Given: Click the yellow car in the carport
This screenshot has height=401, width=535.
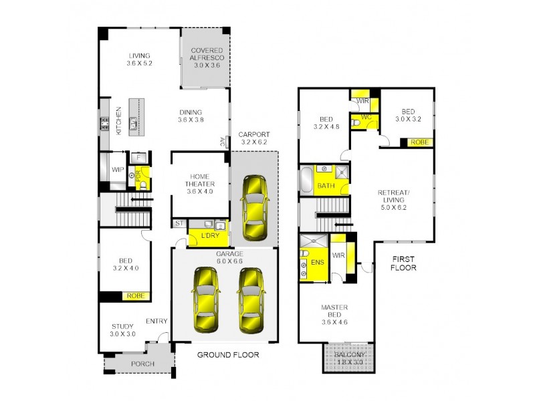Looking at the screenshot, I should [254, 207].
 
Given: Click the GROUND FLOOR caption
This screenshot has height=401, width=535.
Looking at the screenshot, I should [227, 355].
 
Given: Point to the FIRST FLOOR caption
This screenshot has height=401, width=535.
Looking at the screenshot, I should [403, 263].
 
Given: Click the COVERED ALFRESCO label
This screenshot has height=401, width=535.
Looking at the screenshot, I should [207, 53].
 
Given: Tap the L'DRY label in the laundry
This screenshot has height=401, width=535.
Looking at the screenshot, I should [202, 237].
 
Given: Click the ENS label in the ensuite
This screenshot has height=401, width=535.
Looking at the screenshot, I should [318, 263].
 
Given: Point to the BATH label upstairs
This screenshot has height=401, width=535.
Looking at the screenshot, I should [326, 186].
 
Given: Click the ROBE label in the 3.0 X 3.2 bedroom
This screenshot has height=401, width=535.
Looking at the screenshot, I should [419, 142].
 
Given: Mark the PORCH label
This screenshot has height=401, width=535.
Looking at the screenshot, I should [142, 364].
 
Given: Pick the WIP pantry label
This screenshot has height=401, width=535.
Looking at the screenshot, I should [118, 170].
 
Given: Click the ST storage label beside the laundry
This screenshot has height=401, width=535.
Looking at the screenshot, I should [179, 224].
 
